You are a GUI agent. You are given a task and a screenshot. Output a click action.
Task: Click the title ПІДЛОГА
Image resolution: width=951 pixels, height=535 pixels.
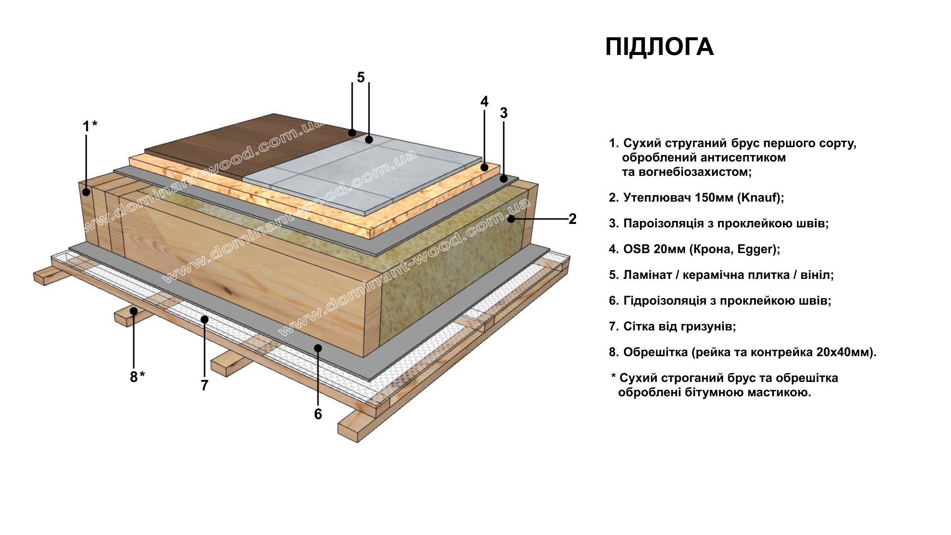click(x=659, y=47)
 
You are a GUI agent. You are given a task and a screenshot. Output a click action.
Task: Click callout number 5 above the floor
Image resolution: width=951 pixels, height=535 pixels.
click(x=361, y=77)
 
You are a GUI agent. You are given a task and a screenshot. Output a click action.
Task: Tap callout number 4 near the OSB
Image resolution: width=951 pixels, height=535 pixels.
click(x=484, y=102)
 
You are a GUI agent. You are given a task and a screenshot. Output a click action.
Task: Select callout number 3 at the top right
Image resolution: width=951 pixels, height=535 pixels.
click(x=504, y=113)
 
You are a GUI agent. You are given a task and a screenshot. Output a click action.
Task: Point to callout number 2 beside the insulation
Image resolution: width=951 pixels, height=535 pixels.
click(x=573, y=218)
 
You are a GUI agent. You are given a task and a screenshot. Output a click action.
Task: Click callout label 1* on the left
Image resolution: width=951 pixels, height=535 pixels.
click(x=90, y=126)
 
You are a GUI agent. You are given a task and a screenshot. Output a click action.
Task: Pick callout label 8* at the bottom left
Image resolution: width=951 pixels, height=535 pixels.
click(x=137, y=376)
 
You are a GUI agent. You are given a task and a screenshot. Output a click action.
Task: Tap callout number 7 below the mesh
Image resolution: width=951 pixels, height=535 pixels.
click(x=205, y=385)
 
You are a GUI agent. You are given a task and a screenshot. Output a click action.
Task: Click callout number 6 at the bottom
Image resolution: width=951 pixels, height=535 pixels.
click(x=318, y=414)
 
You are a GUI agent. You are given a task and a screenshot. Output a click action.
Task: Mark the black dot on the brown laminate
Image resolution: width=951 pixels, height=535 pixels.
click(x=352, y=132)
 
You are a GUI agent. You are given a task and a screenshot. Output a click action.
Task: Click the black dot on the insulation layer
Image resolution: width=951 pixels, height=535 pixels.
click(x=511, y=218)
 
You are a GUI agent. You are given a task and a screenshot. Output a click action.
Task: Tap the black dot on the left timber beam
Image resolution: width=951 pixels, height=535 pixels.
click(x=86, y=192)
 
